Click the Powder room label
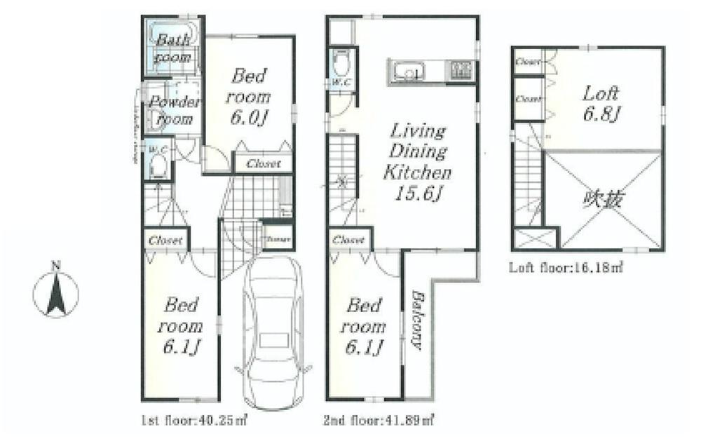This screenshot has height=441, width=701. pos(174,110)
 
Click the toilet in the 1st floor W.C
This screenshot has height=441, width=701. pos(159,166)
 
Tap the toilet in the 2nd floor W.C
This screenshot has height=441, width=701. pos(341,65)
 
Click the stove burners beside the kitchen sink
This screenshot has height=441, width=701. pos(460,70)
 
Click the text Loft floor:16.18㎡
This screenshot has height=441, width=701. pos(557,267)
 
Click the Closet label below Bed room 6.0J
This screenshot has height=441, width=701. pos(263,164)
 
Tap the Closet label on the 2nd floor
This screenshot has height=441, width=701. pos(348,240)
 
